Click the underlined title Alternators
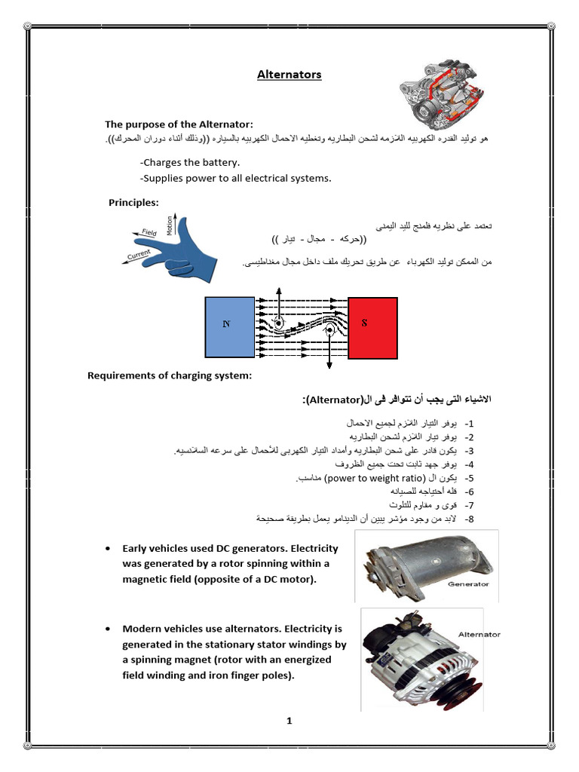click(289, 75)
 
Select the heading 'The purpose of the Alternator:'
click(179, 124)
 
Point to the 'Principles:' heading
click(133, 202)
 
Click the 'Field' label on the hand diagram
click(149, 234)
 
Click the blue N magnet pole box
click(229, 326)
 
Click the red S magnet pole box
click(372, 326)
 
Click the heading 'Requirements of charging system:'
click(169, 375)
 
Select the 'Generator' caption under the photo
click(468, 584)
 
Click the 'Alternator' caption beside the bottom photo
click(479, 634)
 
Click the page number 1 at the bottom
click(289, 721)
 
